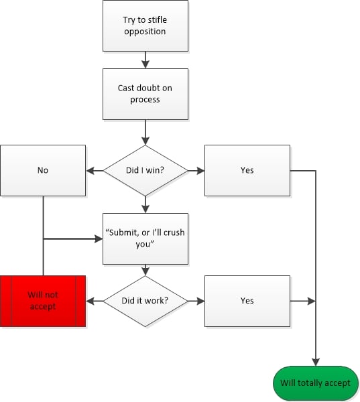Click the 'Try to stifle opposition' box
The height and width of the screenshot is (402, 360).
click(x=145, y=25)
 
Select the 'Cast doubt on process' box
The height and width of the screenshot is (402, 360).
click(x=145, y=94)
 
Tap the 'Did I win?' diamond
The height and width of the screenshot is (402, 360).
click(x=145, y=170)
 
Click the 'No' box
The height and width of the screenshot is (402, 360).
click(x=43, y=170)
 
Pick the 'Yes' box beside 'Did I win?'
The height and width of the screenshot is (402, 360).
click(x=247, y=170)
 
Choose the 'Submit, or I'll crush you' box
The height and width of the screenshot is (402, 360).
click(x=145, y=239)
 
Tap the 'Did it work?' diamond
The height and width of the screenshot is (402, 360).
click(x=145, y=301)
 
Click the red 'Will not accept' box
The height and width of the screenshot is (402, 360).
click(x=43, y=301)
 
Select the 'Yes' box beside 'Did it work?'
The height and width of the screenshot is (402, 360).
click(x=247, y=301)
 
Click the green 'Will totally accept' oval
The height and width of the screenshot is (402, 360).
click(x=316, y=383)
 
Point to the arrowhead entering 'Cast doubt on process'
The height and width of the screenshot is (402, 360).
click(x=145, y=64)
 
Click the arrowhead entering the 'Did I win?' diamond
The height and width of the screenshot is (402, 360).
click(x=145, y=141)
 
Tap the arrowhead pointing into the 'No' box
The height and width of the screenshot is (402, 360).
click(x=90, y=170)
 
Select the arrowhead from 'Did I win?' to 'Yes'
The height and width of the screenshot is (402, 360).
click(x=201, y=170)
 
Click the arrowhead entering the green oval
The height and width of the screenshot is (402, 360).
click(x=316, y=362)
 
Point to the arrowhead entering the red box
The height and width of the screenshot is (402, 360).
click(x=90, y=301)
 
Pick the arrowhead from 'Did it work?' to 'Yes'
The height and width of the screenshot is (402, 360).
click(x=201, y=301)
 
